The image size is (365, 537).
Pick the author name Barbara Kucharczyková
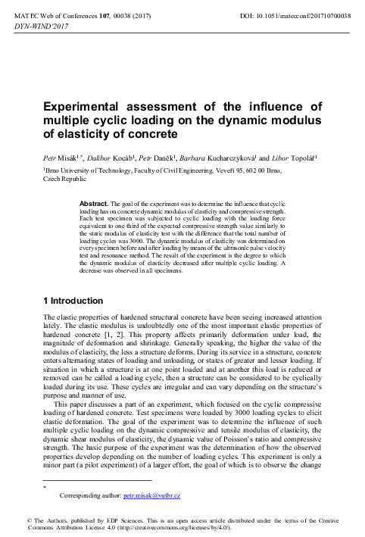pyautogui.click(x=229, y=161)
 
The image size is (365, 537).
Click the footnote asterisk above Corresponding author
pyautogui.click(x=45, y=487)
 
